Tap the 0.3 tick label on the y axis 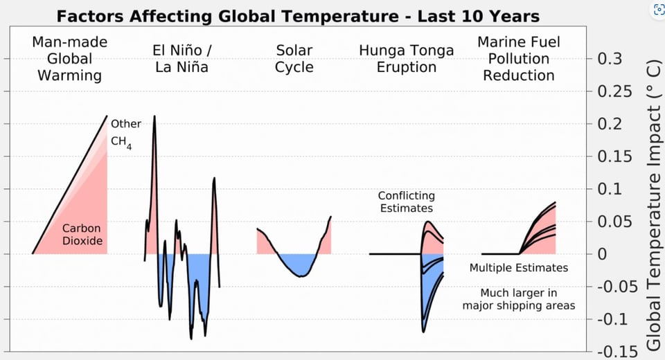(x=610, y=59)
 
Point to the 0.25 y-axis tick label (x=614, y=91)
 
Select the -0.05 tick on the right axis (x=617, y=287)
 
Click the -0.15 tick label (x=617, y=352)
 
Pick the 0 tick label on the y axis (x=602, y=254)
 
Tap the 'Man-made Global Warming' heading (x=69, y=59)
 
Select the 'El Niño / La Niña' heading (x=181, y=59)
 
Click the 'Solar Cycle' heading (x=294, y=59)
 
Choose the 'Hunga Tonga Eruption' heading (x=407, y=59)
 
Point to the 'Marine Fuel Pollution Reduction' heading (x=519, y=59)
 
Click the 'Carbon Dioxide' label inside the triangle (x=82, y=235)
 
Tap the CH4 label (x=121, y=143)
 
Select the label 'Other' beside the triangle (x=126, y=124)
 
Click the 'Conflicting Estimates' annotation (x=407, y=202)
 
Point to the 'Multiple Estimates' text (x=519, y=268)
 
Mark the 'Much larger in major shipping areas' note (x=519, y=299)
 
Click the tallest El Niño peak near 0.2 (x=154, y=116)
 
